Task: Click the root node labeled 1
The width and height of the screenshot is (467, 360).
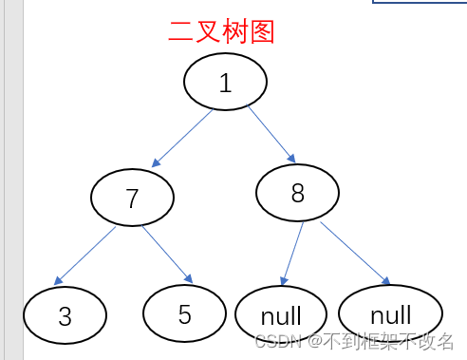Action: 224,83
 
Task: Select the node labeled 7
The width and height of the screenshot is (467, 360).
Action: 133,198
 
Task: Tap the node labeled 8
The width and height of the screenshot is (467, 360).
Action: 297,193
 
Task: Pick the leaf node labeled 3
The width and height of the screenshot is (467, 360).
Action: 65,315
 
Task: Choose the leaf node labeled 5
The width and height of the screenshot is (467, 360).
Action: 184,313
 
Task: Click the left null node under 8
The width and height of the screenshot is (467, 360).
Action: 281,314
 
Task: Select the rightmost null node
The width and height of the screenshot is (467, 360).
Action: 390,313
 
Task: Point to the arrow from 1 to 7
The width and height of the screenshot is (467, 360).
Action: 181,139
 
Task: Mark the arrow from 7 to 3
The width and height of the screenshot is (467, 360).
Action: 85,255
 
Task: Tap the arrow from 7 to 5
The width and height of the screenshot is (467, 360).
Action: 166,254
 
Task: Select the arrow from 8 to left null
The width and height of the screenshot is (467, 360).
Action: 293,253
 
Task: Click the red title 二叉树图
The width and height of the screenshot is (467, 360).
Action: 221,31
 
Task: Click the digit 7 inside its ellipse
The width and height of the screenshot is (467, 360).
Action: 133,198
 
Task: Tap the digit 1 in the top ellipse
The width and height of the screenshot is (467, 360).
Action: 225,83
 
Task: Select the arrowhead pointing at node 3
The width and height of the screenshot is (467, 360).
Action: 59,281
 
